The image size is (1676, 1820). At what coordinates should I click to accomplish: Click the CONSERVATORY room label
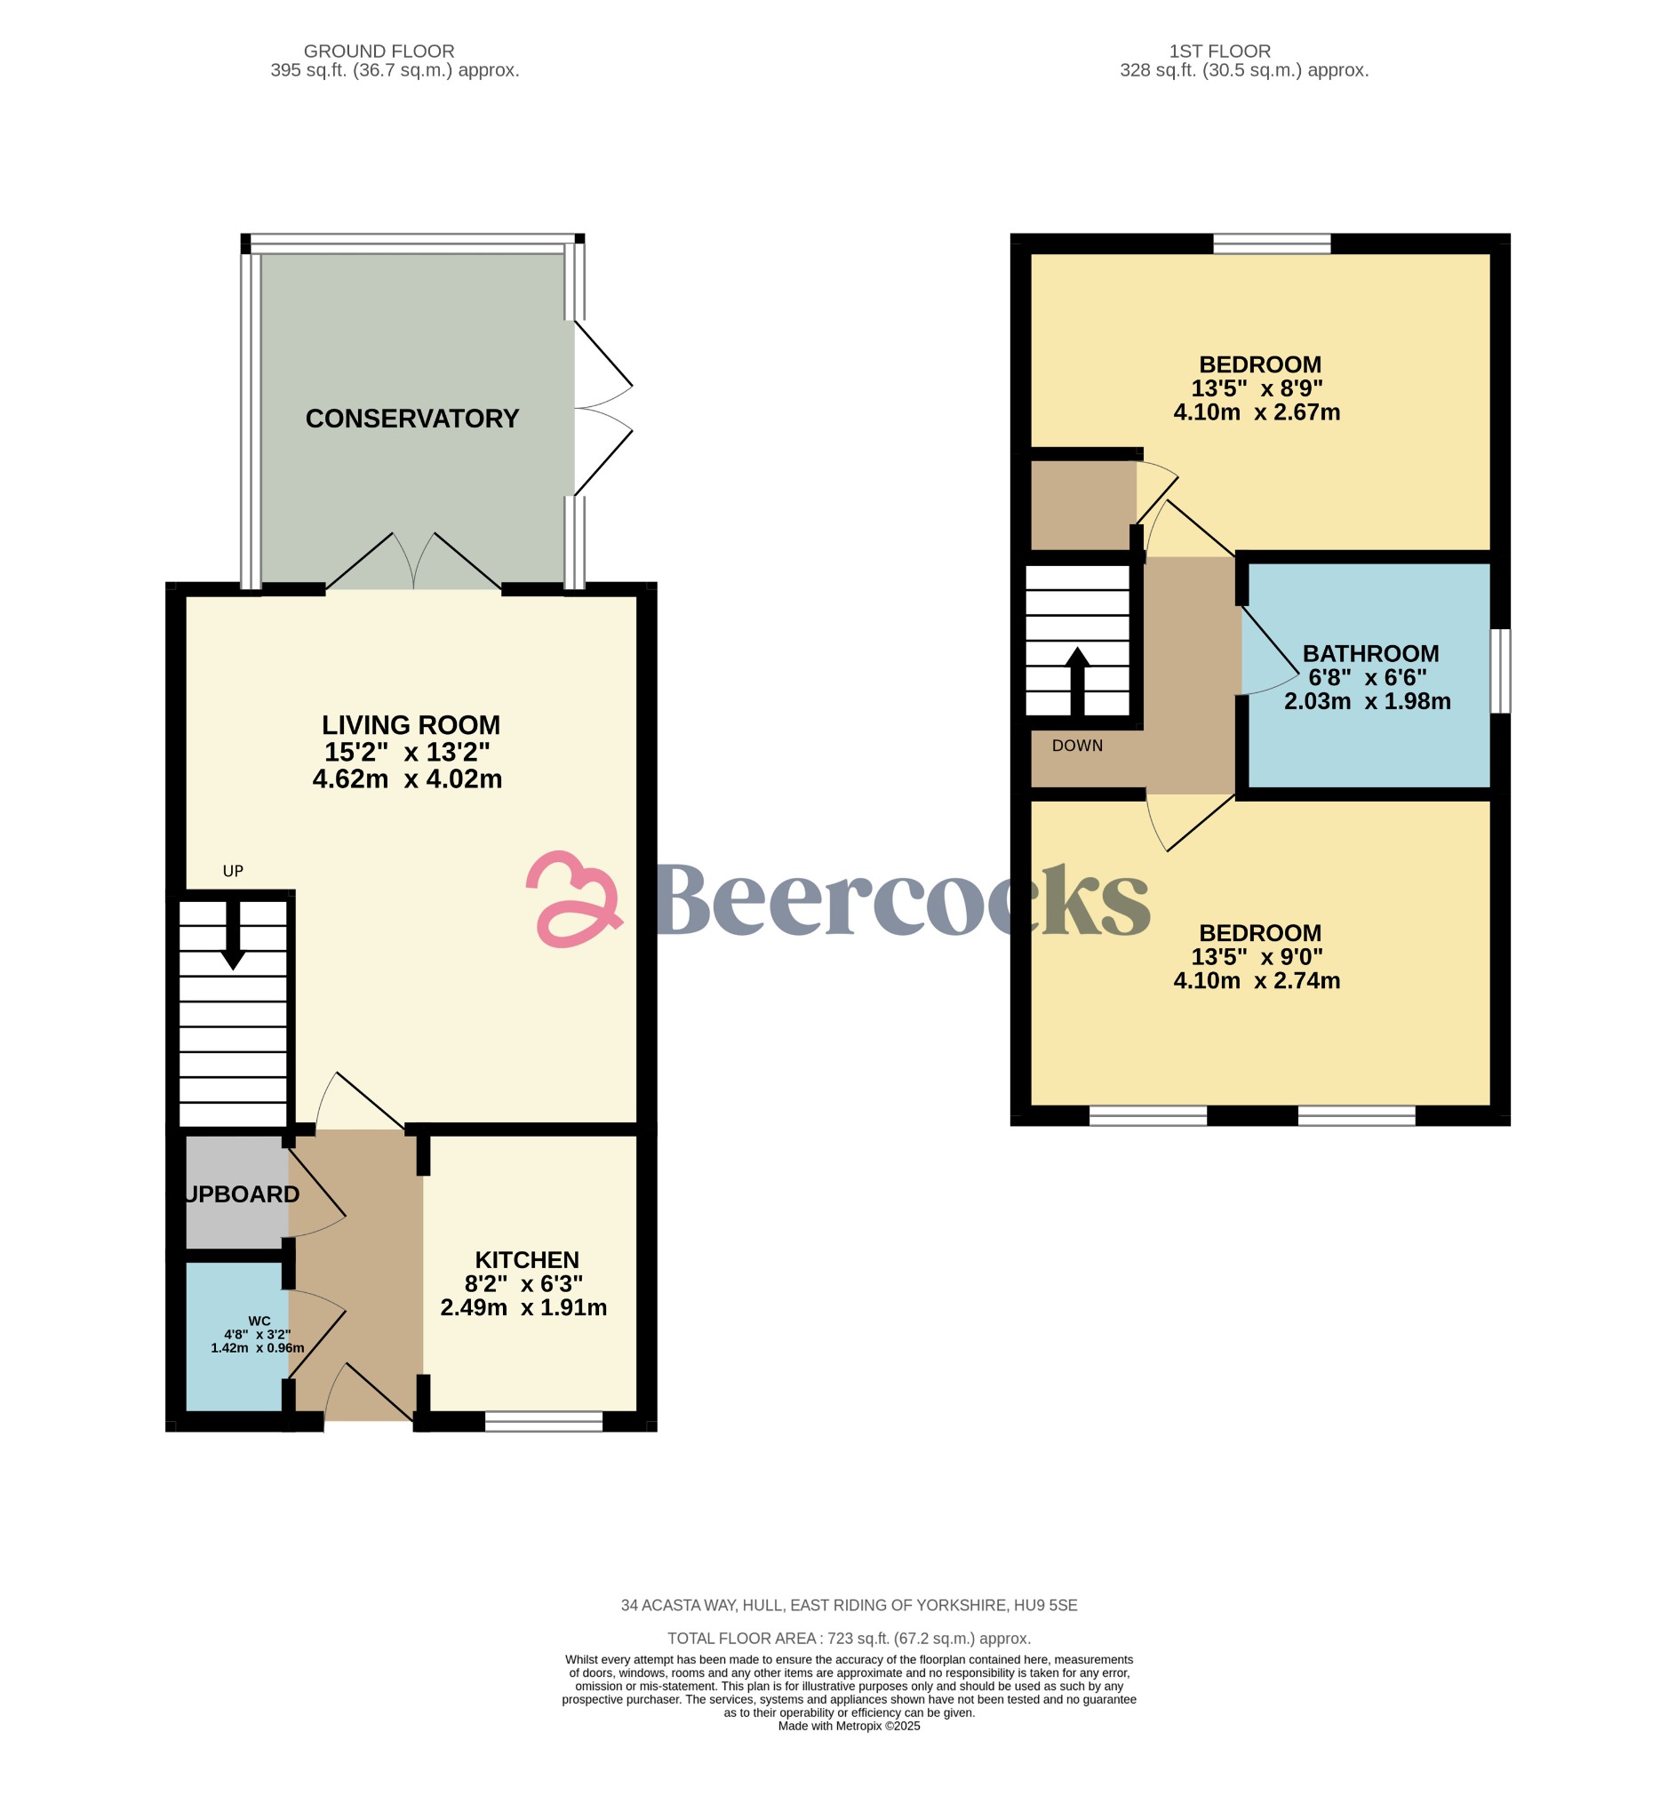(411, 419)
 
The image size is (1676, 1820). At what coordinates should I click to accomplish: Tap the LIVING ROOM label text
(411, 725)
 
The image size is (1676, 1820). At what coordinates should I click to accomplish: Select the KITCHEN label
(527, 1260)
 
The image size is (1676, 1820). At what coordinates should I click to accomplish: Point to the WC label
(259, 1321)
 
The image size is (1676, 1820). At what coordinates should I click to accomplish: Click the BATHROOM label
(1370, 654)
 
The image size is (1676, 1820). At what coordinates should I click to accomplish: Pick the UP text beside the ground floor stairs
(233, 872)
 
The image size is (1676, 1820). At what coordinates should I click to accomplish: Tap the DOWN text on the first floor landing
(1077, 746)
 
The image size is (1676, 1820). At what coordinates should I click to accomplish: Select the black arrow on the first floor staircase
(1077, 682)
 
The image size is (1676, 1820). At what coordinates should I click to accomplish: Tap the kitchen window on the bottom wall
(543, 1421)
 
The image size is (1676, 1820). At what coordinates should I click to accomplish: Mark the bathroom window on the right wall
(1501, 671)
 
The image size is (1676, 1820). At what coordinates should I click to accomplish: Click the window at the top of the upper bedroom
(1272, 243)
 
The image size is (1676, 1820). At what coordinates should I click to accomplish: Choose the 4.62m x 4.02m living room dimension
(407, 779)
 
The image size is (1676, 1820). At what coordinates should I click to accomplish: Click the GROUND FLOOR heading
(379, 52)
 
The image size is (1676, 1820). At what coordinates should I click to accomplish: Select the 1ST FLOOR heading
(1220, 52)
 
